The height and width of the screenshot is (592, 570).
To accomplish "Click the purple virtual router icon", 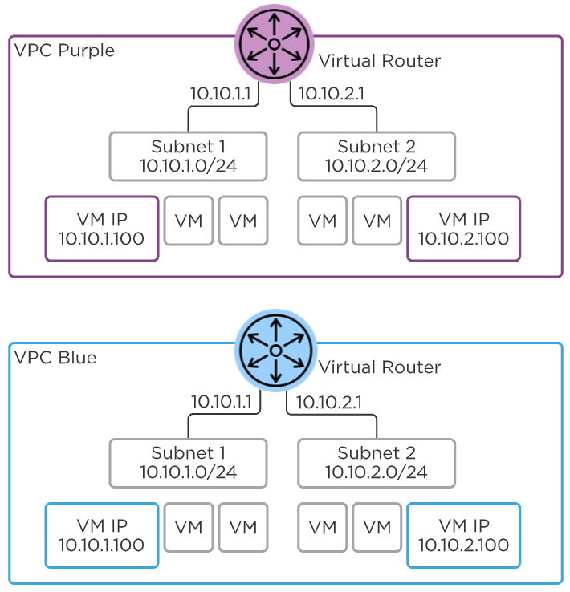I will click(274, 43).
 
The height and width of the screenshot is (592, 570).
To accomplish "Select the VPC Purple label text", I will click(65, 51).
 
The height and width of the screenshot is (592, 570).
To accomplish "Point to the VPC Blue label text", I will click(55, 358).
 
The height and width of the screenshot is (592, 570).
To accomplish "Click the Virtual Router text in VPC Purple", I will click(380, 61).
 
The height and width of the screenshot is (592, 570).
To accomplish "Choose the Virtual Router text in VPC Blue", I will click(380, 367).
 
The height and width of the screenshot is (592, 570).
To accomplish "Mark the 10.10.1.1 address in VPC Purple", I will click(221, 94).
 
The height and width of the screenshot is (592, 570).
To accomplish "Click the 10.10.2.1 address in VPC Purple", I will click(332, 94).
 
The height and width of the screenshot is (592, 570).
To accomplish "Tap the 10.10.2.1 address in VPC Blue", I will click(330, 400).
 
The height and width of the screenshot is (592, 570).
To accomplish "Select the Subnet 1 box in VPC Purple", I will click(188, 156).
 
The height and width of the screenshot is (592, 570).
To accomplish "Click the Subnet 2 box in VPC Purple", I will click(376, 156).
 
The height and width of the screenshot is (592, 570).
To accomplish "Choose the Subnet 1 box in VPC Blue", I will click(188, 463).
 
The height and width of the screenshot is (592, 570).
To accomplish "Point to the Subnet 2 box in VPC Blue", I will click(376, 463).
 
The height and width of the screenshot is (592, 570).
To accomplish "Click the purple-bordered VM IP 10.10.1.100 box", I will click(102, 229).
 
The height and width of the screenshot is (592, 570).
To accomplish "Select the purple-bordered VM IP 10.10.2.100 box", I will click(463, 229).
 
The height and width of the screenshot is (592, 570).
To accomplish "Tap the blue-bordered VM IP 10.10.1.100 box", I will click(102, 535).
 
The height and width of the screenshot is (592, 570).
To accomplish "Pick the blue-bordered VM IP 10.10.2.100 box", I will click(463, 535).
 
